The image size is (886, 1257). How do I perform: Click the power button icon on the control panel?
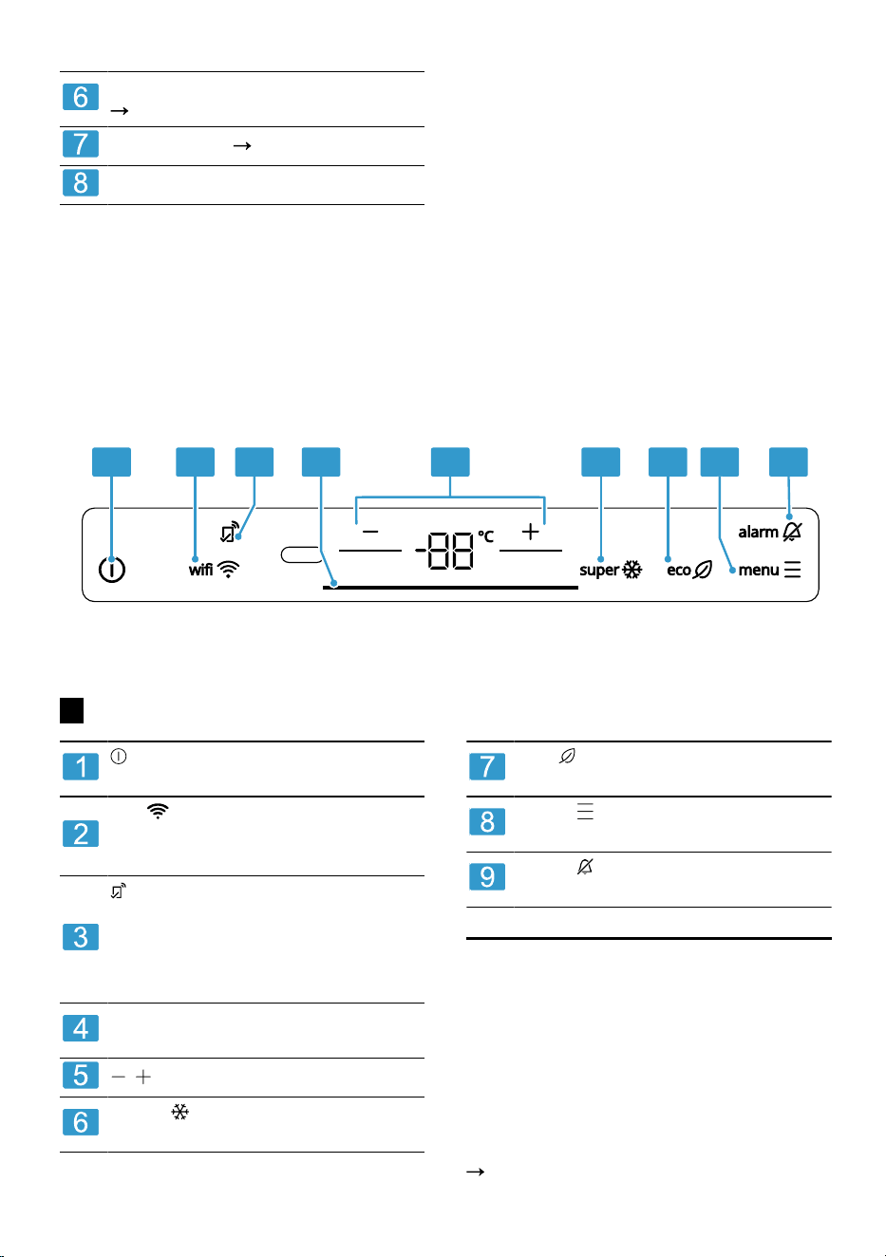coord(112,570)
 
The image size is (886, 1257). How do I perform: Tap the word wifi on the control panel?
coord(200,570)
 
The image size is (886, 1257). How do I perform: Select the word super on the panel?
coord(599,571)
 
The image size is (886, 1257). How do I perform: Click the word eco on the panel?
coord(678,571)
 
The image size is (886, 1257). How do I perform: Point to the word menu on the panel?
coord(758,571)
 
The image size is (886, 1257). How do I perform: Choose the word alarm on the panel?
coord(758,532)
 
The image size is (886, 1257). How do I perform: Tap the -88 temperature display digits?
coord(444,551)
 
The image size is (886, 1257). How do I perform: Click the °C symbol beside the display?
coord(485,536)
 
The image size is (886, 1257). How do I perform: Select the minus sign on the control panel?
coord(370,532)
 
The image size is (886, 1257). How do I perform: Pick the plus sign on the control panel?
coord(530,532)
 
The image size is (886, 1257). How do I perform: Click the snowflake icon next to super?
coord(632,570)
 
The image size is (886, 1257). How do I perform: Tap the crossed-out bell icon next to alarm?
coord(792,532)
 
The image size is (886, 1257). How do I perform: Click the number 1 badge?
coord(81,766)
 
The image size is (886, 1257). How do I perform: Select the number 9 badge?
coord(487,876)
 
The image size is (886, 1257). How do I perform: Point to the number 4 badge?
coord(81,1028)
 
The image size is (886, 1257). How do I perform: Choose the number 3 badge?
coord(81,936)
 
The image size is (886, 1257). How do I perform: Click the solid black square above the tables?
coord(72,710)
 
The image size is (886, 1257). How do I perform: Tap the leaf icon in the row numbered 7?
coord(567,757)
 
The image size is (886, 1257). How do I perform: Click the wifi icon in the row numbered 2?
coord(158,811)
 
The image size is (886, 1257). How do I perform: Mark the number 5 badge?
coord(81,1075)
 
